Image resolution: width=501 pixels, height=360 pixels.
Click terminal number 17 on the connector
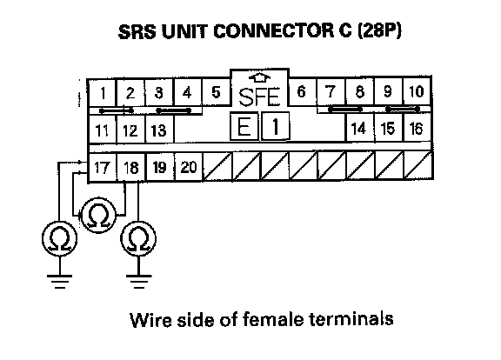tap(102, 167)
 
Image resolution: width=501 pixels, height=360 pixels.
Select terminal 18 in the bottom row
tap(131, 167)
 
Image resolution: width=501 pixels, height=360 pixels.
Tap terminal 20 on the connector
tap(189, 167)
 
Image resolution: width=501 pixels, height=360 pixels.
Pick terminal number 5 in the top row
tap(216, 92)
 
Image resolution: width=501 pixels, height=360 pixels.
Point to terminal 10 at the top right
tap(417, 91)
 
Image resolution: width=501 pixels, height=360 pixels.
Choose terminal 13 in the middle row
tap(159, 130)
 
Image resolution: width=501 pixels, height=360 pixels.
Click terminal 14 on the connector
tap(359, 129)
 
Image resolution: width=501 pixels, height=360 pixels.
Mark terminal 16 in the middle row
tap(417, 129)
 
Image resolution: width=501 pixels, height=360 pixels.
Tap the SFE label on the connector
tap(259, 97)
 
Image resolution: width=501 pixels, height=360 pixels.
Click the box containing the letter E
tap(244, 126)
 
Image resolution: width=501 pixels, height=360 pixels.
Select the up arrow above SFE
tap(259, 77)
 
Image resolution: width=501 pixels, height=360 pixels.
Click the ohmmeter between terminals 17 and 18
tap(97, 216)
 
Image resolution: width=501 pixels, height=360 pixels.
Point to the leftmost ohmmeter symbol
tap(59, 239)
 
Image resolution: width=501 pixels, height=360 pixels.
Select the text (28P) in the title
tap(379, 31)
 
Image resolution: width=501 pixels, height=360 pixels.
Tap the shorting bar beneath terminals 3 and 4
tap(173, 110)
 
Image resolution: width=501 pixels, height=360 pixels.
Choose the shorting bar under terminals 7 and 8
tap(345, 110)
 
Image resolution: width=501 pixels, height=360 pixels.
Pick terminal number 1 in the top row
tap(103, 93)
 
